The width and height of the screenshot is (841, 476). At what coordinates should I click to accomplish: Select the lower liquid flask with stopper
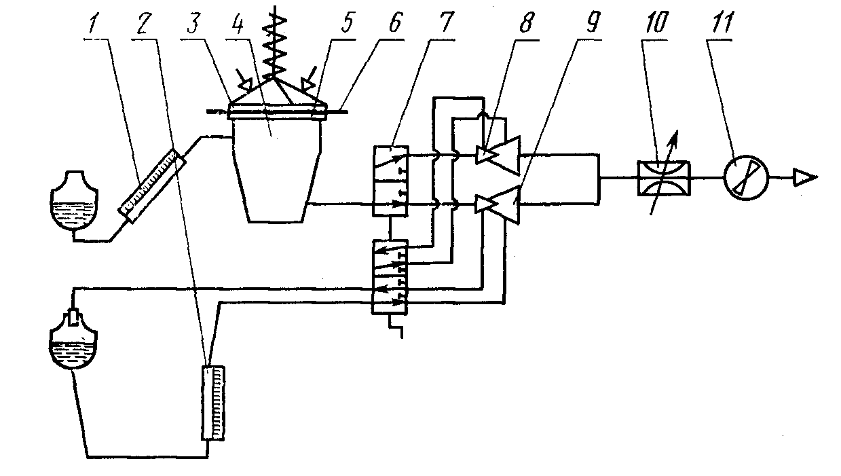(x=75, y=343)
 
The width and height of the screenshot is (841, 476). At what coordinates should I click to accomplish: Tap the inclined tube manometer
(x=151, y=183)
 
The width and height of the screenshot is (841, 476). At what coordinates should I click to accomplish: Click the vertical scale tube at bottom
(x=213, y=403)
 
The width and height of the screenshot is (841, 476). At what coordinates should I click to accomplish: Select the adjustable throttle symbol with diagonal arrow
(x=663, y=179)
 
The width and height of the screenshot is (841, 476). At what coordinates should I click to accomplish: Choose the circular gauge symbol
(x=745, y=179)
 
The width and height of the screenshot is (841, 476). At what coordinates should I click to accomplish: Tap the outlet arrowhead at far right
(x=806, y=179)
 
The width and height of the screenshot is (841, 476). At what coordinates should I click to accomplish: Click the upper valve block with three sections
(x=390, y=180)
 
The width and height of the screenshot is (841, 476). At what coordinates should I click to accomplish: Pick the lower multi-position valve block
(x=389, y=276)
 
